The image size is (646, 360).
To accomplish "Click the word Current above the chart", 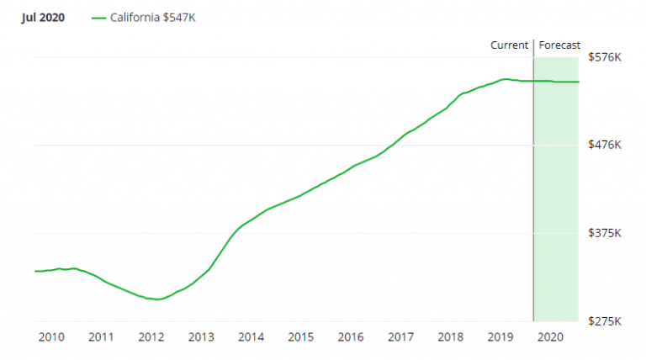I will coord(510,45).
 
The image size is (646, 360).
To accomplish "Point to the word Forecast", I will coord(559,45).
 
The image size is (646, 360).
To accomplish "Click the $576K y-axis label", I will coord(604,57).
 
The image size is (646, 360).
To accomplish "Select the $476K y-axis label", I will coord(604,145).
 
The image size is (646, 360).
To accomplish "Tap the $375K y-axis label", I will coord(604,233).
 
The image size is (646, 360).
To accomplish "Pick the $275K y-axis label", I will coord(604,321).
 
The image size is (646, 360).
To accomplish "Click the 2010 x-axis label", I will coord(51,337).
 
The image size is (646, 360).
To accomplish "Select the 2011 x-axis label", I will coord(101,337).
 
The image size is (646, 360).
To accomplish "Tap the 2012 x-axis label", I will coord(151,337).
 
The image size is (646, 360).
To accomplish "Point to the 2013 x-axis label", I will coord(201,337).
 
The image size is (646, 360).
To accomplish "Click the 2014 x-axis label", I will coord(251,337).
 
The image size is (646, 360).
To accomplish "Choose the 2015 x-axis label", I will coord(301,337).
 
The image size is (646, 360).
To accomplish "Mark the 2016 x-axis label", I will coord(351,337).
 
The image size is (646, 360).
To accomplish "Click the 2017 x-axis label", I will coord(400,337).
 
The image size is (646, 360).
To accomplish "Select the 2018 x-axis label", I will coord(451,337).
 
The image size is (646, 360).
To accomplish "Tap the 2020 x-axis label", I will coord(550,337).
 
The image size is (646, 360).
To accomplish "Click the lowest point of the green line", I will coord(156,299).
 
